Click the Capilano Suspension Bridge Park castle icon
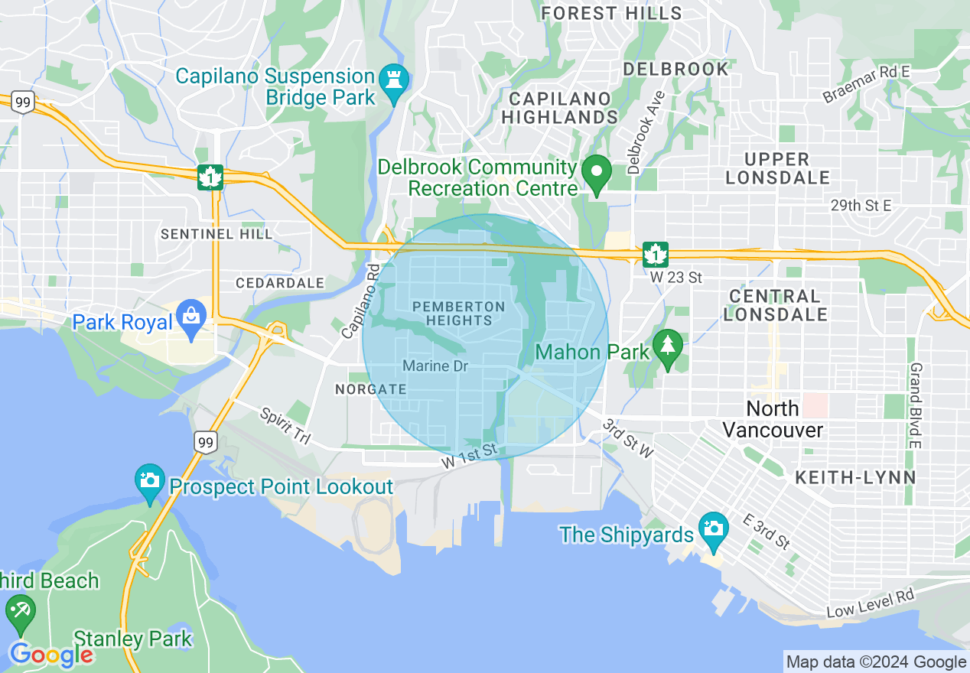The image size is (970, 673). coord(394,80)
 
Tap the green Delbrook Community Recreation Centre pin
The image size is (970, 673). coord(597,173)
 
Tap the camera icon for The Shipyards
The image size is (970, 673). coord(713,530)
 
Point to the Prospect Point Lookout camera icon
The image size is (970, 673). coord(150,482)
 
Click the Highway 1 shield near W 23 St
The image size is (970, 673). coord(656,254)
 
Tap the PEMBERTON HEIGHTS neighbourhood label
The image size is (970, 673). coord(459,314)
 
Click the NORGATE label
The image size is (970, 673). coord(371,389)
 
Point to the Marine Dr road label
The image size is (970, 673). coord(435,366)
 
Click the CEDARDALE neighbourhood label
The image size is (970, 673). coord(280,283)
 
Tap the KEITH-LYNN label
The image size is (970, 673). coord(855,477)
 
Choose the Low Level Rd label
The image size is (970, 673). coord(871,604)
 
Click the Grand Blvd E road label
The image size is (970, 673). coord(914,405)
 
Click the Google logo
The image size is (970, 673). coord(50,655)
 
